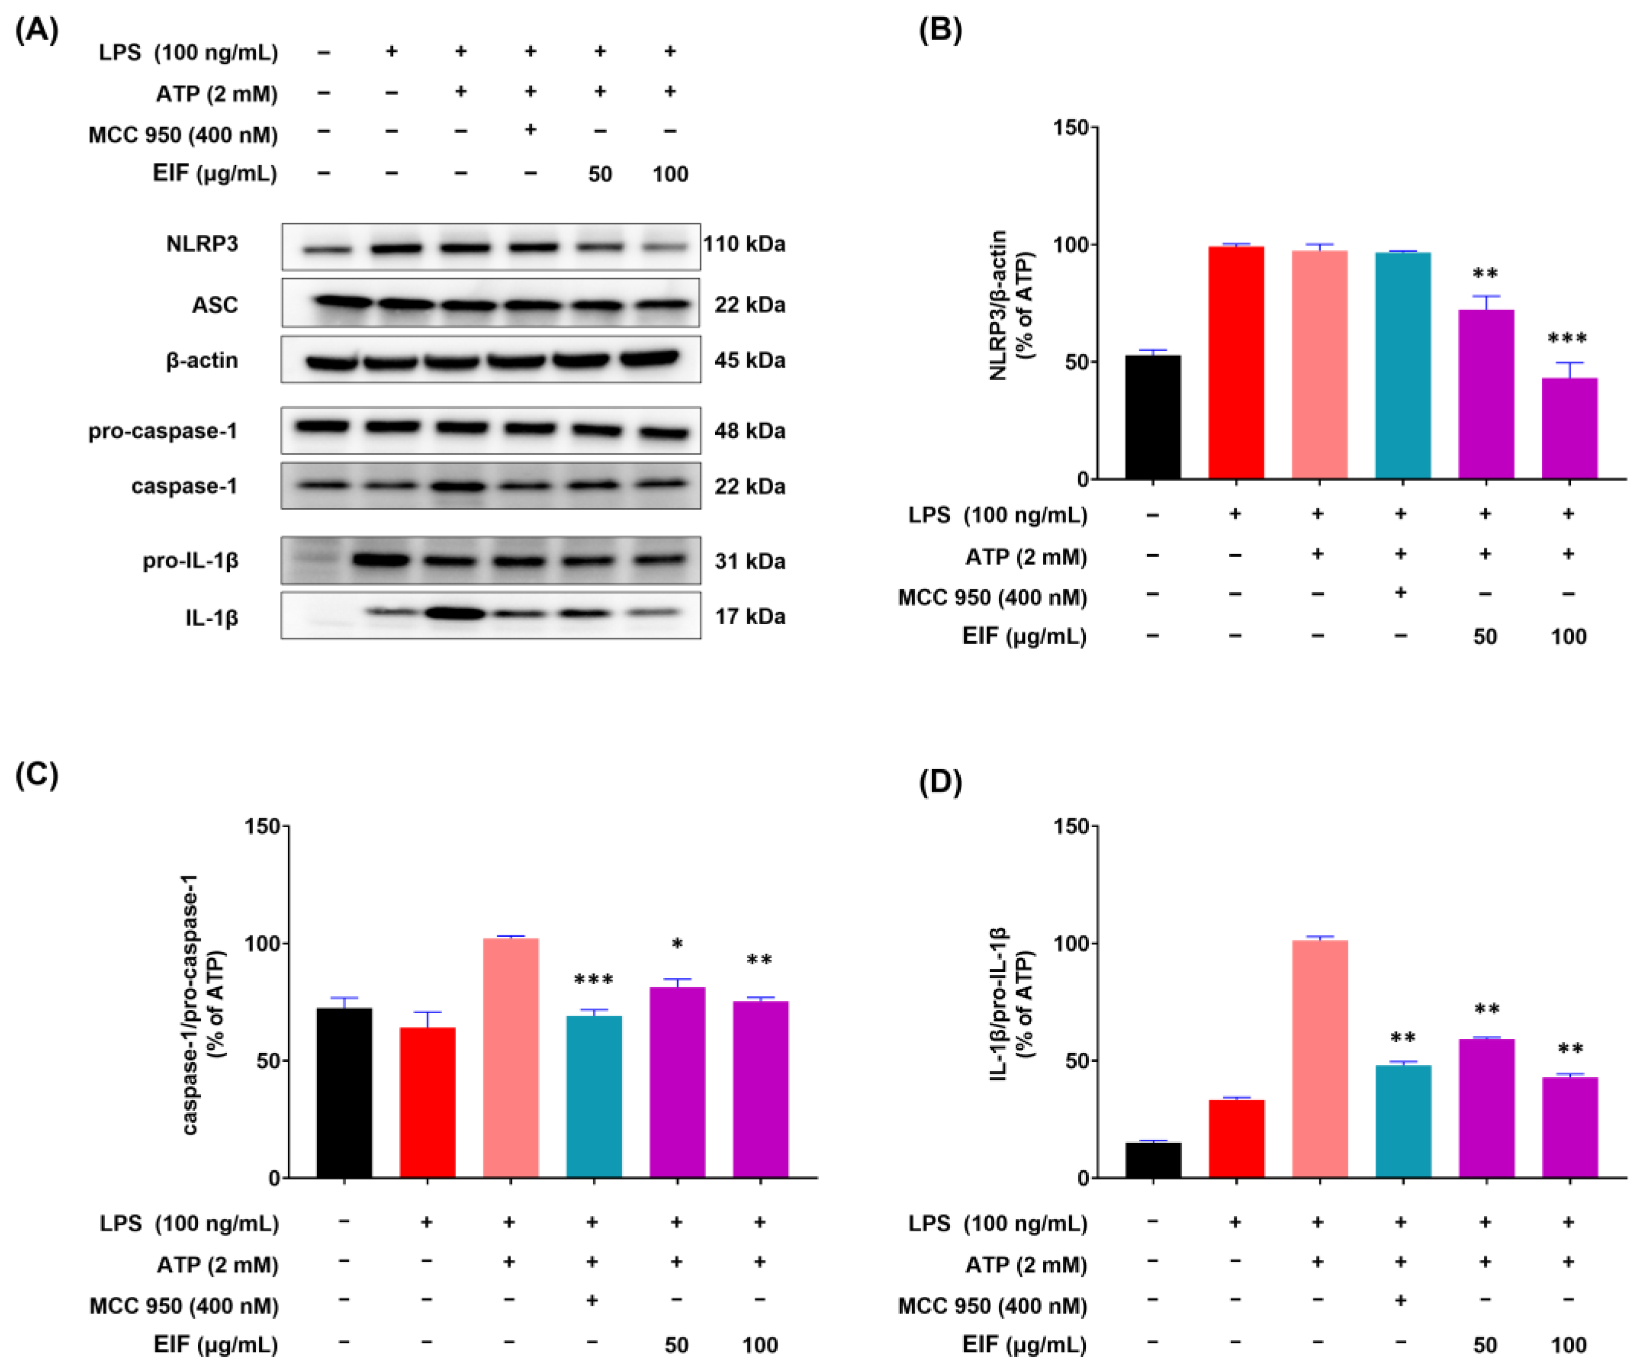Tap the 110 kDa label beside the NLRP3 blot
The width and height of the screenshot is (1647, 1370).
(x=744, y=244)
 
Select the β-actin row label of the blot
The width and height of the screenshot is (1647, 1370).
(x=202, y=361)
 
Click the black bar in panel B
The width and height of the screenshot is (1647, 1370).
(x=1152, y=417)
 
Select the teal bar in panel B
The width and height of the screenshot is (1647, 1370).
(x=1402, y=366)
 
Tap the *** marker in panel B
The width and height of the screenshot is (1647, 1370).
(x=1567, y=340)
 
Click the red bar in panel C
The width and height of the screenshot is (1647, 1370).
(x=428, y=1102)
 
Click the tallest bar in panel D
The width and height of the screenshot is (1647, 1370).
(x=1319, y=1059)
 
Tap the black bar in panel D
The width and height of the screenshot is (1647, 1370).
(x=1152, y=1160)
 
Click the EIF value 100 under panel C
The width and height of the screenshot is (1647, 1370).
(x=759, y=1346)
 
